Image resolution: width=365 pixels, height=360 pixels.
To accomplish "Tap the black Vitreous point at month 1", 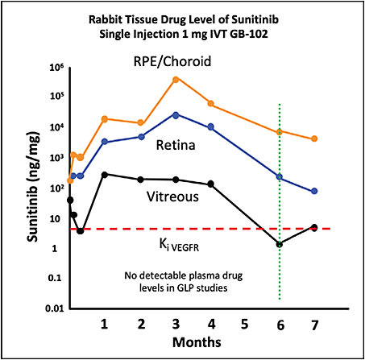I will [105, 174].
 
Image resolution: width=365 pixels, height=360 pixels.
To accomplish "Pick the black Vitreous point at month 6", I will [280, 244].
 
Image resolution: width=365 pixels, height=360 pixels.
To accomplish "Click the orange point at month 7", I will [314, 139].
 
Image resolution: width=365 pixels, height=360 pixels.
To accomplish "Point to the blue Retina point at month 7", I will [314, 191].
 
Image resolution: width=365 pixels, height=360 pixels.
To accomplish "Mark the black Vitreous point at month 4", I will [210, 184].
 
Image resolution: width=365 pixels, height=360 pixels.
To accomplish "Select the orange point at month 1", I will [105, 119].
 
